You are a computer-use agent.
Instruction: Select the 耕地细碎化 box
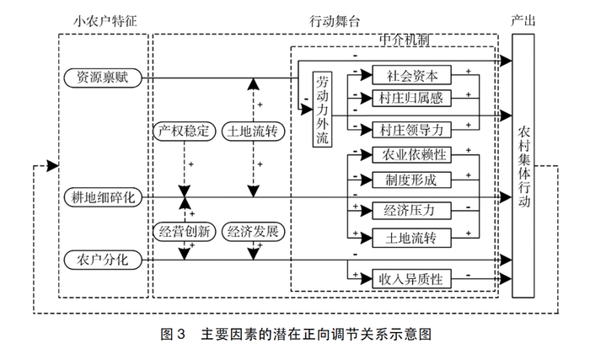click(103, 196)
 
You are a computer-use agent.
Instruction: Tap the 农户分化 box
click(103, 261)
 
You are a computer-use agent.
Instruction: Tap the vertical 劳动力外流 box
click(322, 110)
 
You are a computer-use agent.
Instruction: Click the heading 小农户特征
click(103, 19)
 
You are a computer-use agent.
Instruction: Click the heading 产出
click(524, 19)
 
